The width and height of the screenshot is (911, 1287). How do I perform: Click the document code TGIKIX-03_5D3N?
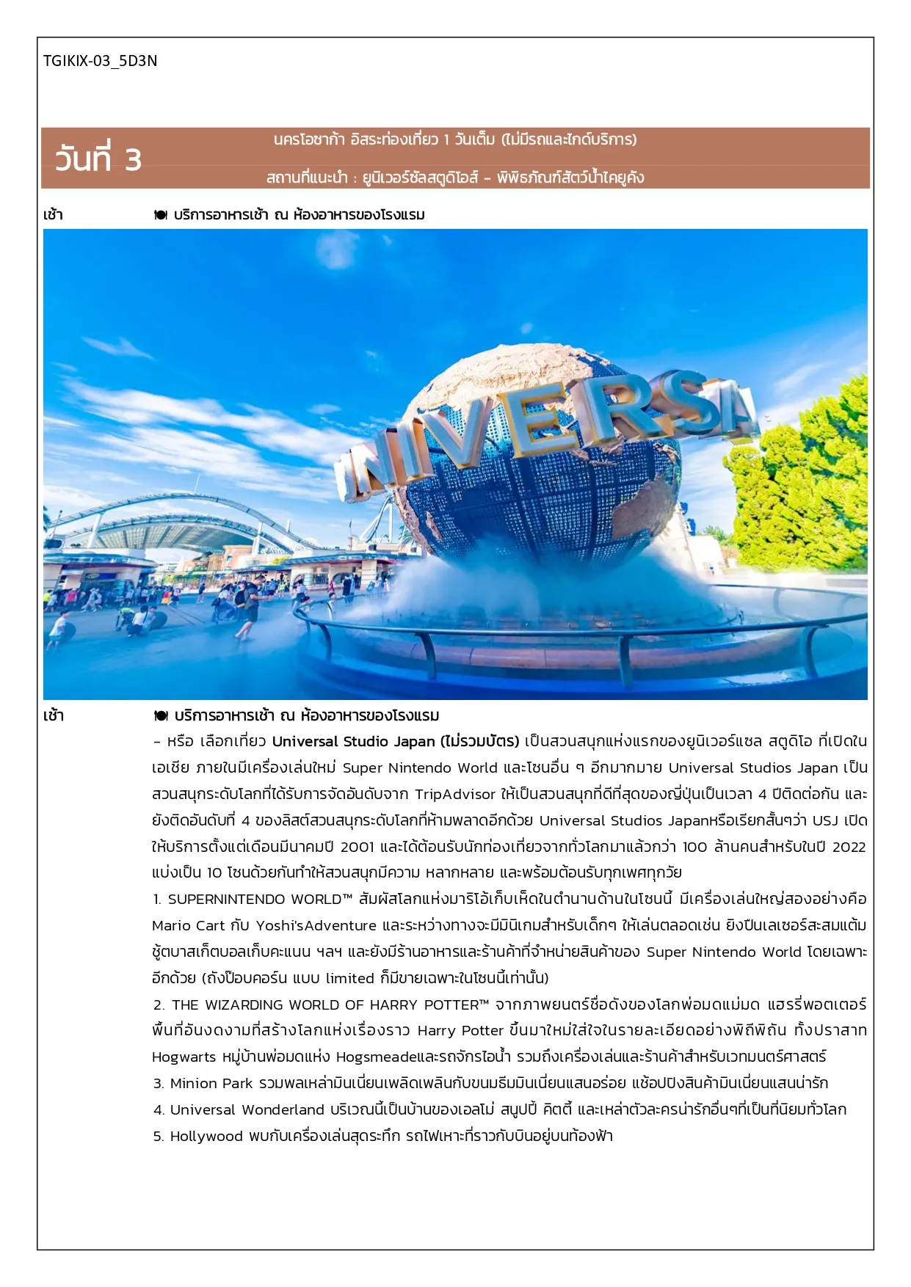100,61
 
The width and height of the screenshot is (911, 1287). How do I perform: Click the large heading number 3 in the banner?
133,160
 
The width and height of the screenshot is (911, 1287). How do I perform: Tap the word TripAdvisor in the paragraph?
455,794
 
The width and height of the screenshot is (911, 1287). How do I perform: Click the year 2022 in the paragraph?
849,847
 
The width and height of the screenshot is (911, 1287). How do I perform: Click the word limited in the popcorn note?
349,979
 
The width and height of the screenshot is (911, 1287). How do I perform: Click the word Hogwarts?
184,1057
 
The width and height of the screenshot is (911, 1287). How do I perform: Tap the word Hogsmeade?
375,1057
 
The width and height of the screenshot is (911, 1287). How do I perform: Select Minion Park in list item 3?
211,1084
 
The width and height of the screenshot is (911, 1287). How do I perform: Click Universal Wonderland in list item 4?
247,1110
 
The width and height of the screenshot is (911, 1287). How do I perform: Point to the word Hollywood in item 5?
206,1137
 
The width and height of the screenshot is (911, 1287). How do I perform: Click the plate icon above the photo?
161,215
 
